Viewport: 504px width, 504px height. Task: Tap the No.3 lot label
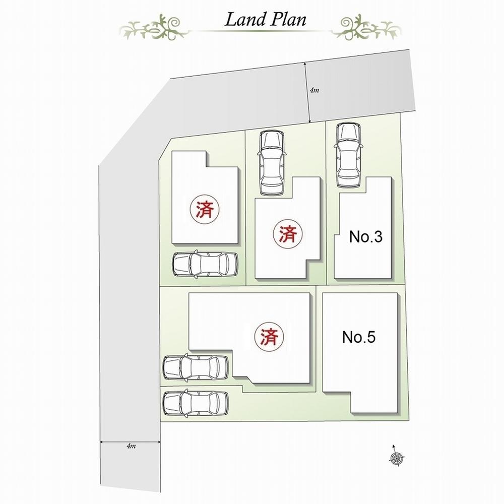366,236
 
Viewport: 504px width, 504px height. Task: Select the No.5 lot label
359,337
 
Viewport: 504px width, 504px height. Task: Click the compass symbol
397,457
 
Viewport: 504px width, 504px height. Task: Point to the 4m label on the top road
314,90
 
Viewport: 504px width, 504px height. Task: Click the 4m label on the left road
131,446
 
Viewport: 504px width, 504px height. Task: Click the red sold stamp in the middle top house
288,234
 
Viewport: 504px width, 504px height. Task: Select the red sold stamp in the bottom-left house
269,337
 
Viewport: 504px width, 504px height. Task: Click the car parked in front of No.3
348,155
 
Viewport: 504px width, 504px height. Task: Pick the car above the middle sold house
272,163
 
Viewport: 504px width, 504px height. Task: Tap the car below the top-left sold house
206,264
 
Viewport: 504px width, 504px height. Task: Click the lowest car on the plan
196,403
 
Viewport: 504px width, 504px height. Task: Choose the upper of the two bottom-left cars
196,367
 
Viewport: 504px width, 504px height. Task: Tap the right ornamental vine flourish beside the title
366,28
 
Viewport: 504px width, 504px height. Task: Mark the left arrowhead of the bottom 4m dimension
102,443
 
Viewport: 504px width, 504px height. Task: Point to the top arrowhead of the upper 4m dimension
305,65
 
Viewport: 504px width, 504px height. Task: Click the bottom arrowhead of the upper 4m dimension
309,121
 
